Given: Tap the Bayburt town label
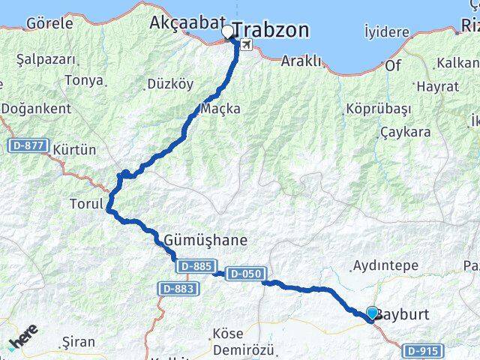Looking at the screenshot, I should tap(403, 314).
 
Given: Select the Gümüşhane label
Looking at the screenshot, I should tap(205, 241).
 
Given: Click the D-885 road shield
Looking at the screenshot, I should tap(196, 265).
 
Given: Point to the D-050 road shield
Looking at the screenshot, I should tap(244, 274).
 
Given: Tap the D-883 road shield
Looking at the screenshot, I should tap(177, 288).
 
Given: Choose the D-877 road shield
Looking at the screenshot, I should tap(28, 145).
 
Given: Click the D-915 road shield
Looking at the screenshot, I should tap(424, 350).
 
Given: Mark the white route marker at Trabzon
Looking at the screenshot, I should tap(226, 32).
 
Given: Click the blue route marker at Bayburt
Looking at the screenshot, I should tap(372, 313).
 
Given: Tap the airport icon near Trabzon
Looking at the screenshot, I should tap(247, 45).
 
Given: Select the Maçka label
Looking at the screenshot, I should tap(221, 109).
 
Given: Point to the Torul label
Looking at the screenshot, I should tap(85, 203).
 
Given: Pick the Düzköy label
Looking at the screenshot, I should tap(170, 85).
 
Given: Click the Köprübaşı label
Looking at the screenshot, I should tap(379, 109).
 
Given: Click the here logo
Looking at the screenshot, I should tap(23, 339).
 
